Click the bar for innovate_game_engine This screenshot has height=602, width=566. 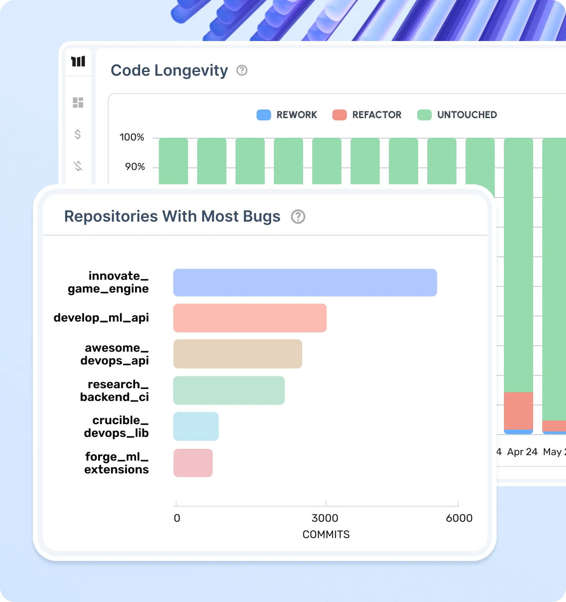305,283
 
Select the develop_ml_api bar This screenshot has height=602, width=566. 250,318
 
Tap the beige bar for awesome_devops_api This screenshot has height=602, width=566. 237,354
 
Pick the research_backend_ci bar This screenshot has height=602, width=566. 229,390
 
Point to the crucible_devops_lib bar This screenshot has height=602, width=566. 196,426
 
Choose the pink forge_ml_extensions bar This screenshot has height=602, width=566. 193,463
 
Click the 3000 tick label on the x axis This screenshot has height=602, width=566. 325,518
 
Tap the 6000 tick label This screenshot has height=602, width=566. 459,518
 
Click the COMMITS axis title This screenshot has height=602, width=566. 326,535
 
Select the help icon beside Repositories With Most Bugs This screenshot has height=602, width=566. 298,217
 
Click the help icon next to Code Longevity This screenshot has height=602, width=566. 242,70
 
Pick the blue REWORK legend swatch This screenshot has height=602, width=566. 264,115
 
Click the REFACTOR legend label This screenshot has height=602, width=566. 377,115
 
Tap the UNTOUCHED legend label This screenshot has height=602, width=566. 467,115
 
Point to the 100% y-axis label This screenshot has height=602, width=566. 132,137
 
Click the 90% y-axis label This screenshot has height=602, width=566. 135,167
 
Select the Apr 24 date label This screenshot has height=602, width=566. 522,452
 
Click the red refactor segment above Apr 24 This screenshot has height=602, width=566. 519,410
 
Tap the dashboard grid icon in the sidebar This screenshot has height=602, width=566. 78,103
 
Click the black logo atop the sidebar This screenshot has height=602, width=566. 78,61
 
